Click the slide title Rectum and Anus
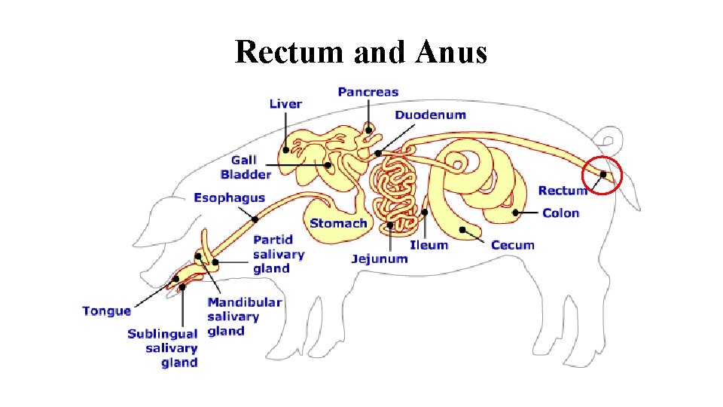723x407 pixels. [361, 53]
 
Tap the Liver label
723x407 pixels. [285, 104]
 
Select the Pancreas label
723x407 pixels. [368, 92]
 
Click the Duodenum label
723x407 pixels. [430, 115]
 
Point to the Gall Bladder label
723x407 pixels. [245, 167]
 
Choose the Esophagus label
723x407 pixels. [229, 197]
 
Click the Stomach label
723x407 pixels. [338, 223]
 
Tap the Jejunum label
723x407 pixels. [379, 259]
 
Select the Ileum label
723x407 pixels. [429, 245]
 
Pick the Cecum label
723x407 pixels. [512, 245]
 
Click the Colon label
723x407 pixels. [560, 213]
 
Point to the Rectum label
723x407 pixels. [562, 191]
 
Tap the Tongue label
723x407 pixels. [106, 311]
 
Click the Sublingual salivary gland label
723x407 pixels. [162, 348]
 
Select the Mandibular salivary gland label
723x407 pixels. [244, 317]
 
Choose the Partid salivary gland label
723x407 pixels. [278, 254]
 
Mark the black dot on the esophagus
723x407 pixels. [255, 219]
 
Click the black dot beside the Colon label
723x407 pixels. [516, 213]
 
